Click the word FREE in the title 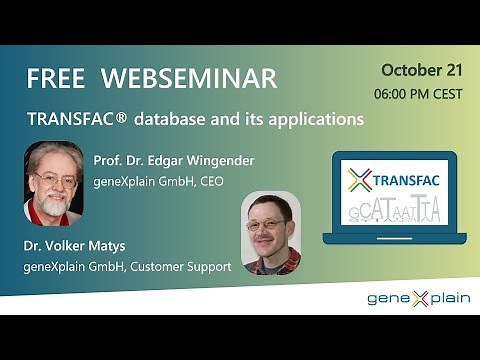pos(55,79)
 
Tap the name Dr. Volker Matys pos(67,245)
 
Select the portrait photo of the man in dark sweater pos(270,232)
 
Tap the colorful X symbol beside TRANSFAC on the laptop pos(360,180)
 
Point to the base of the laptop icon pos(392,240)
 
